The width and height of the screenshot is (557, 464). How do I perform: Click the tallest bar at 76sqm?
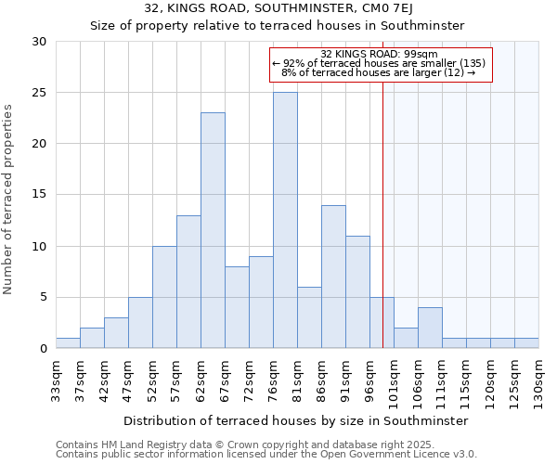click(285, 221)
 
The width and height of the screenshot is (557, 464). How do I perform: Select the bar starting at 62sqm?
click(213, 231)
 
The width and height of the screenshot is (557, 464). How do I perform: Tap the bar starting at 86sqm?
click(333, 277)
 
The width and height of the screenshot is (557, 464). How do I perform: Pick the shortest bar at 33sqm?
click(68, 343)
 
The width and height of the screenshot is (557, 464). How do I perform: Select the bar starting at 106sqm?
click(430, 328)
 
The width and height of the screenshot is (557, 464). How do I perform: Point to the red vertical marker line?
click(382, 213)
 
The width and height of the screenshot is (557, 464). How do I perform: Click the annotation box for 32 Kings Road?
click(380, 64)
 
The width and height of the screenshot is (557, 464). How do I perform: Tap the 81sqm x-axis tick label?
click(297, 378)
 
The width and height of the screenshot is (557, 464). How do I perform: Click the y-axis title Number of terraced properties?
click(8, 199)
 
